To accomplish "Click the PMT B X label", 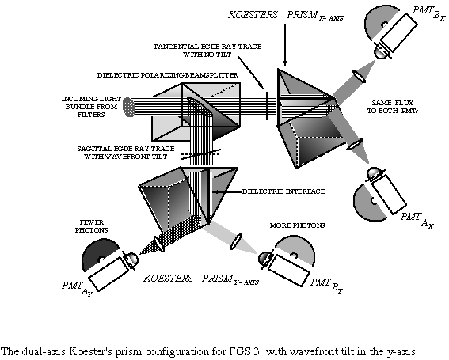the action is coord(429,13).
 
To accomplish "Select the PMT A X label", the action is coord(417,220).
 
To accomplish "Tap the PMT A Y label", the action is coord(77,288).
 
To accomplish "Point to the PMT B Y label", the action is coord(326,286).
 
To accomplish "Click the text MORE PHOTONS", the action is coord(297,225).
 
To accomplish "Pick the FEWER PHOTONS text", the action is coord(92,226).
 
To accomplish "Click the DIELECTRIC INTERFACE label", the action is coord(283,191).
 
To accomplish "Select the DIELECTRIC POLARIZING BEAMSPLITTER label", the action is coord(168,75).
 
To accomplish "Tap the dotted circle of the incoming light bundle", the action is coord(128,107).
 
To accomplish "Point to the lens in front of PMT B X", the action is coord(360,77).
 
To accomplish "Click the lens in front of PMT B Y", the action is coord(236,242).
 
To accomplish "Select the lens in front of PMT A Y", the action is coord(159,244).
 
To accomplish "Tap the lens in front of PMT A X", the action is coord(355,144).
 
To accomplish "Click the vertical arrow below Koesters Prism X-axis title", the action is coord(285,45).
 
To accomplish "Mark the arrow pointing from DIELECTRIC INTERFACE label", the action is coord(226,191).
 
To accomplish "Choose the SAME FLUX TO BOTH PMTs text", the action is coord(392,107).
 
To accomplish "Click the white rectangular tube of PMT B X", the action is coord(398,32).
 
